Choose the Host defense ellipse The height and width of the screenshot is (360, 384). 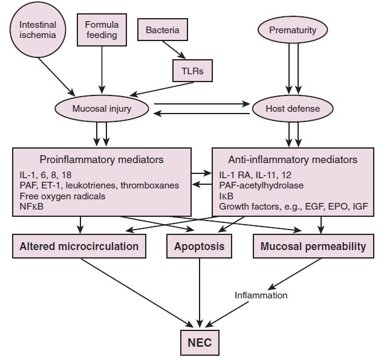click(x=293, y=109)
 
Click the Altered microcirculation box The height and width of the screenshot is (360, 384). click(x=79, y=246)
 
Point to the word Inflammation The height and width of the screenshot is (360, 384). click(x=261, y=295)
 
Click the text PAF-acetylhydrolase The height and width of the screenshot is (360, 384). click(x=261, y=185)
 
